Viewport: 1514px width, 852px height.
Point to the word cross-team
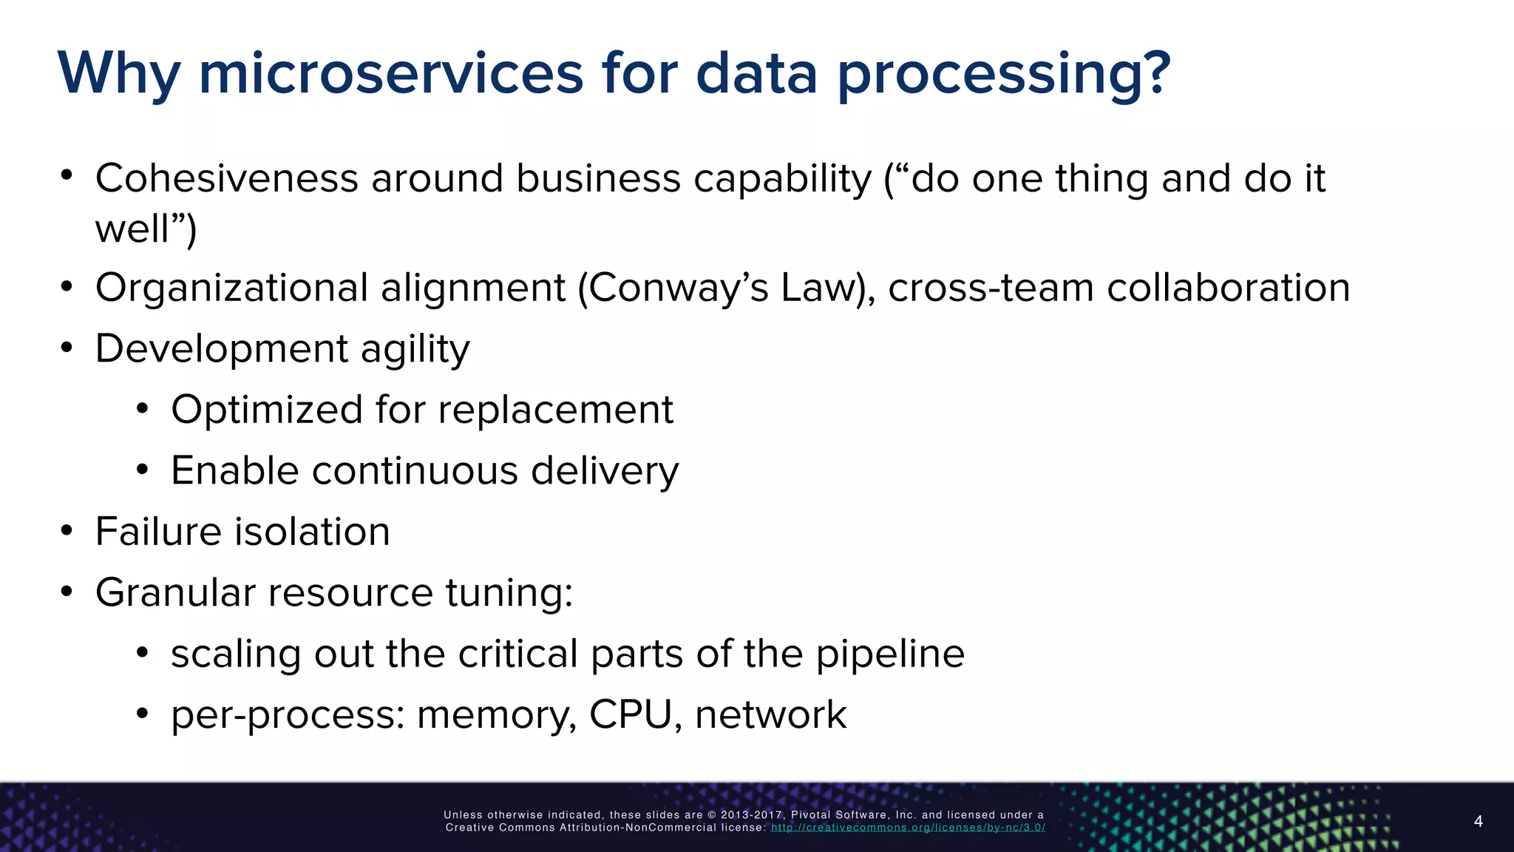[991, 288]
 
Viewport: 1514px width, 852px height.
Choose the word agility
[415, 349]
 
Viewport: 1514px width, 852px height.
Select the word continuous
[415, 470]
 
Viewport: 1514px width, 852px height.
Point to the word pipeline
[890, 654]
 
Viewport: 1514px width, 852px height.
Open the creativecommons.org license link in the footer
[908, 828]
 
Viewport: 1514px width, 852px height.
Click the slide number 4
[1478, 821]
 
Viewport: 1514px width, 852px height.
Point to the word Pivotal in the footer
[812, 815]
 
